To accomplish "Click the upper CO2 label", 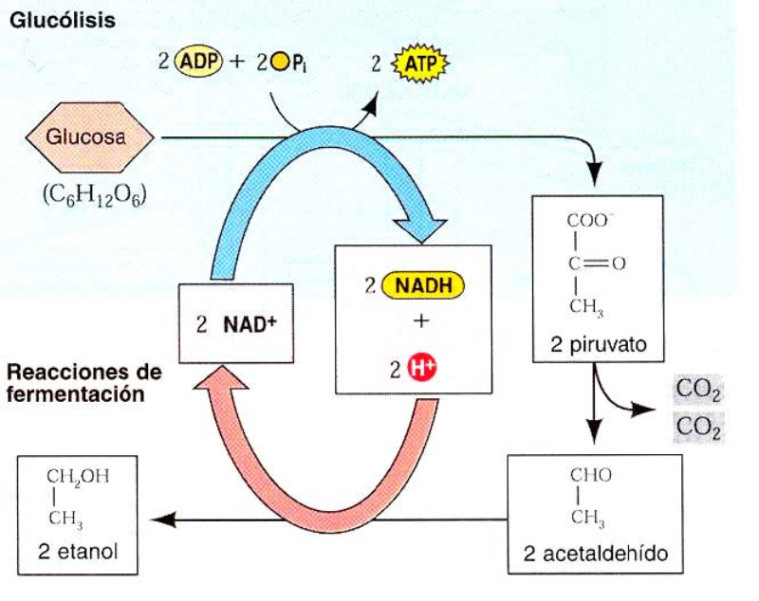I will (x=698, y=390).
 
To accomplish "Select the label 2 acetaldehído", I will (x=595, y=553).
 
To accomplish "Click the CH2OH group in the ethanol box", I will (x=79, y=478).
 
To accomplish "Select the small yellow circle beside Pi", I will (x=277, y=64).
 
